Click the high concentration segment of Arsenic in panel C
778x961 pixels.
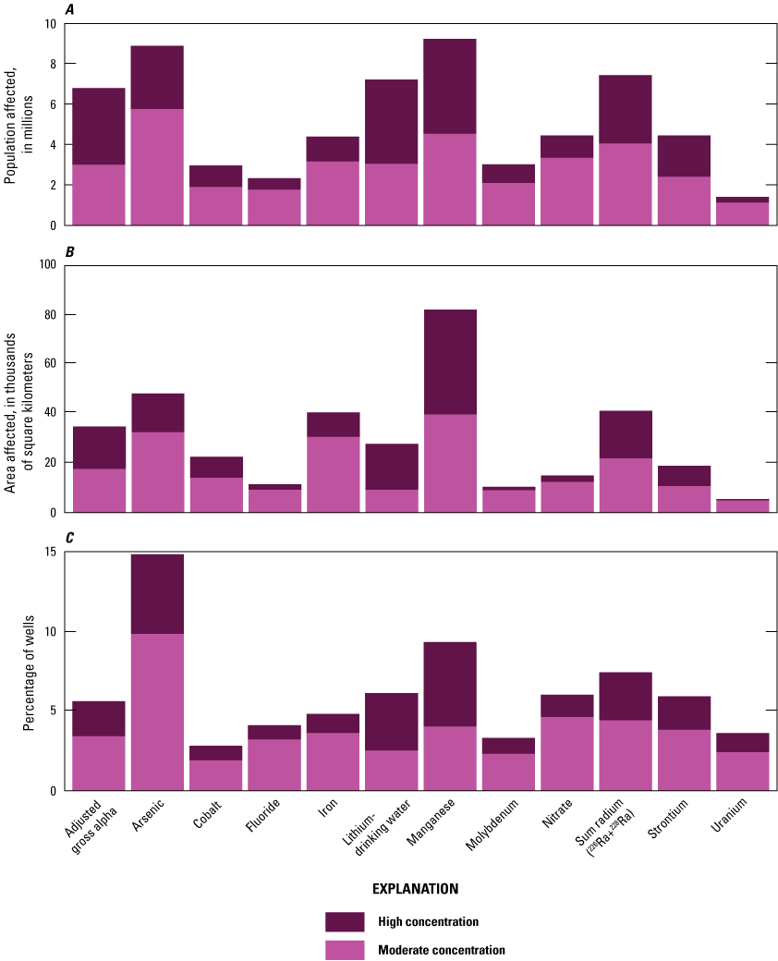point(157,593)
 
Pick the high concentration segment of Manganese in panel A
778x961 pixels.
point(450,86)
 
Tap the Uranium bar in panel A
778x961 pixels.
point(742,212)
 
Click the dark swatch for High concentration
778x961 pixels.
point(345,921)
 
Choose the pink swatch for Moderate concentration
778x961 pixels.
point(345,949)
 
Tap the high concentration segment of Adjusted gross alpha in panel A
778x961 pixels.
point(99,126)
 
